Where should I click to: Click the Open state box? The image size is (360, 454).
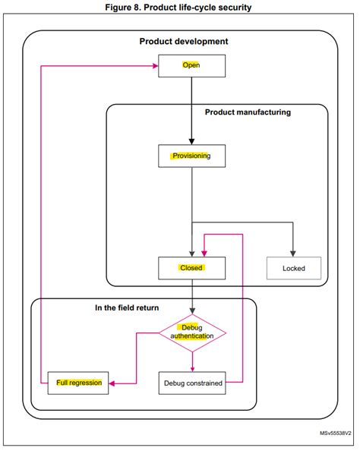[191, 66]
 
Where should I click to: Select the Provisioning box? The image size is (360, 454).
[191, 156]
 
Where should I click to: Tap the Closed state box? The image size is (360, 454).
[191, 268]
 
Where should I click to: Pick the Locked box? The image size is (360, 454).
[293, 268]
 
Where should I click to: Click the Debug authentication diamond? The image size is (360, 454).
[192, 332]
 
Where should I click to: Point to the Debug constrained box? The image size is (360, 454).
[193, 383]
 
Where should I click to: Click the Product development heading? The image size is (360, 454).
[183, 42]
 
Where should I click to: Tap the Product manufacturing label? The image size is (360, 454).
[248, 112]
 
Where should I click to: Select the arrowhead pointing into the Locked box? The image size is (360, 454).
[293, 253]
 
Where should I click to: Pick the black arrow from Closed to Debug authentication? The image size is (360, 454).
[191, 296]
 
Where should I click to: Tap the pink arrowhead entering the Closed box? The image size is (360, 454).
[204, 253]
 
